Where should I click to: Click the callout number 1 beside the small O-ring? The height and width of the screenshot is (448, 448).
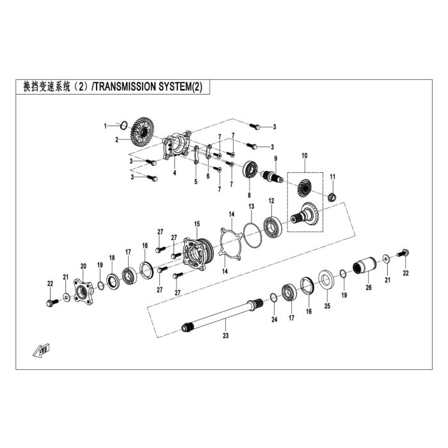coord(105,126)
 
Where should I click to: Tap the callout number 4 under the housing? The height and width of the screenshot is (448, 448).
coord(175,173)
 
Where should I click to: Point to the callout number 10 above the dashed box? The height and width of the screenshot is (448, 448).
coord(305,156)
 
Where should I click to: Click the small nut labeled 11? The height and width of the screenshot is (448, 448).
coord(332,197)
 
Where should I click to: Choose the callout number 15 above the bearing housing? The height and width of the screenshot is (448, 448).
coord(197,224)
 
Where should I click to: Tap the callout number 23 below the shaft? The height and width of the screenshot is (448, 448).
coord(226,335)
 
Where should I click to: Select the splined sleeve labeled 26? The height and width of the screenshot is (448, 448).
coord(365,266)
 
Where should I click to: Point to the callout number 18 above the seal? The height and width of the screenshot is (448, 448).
coord(112,258)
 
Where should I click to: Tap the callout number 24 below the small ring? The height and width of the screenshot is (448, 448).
coord(275,319)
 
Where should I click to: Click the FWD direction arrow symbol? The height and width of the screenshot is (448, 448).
coord(41,350)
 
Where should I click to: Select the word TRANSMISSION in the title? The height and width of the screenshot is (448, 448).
coord(125,87)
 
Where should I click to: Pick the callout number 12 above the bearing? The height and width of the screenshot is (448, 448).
coord(271,201)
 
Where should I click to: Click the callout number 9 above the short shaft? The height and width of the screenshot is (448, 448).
coord(276,158)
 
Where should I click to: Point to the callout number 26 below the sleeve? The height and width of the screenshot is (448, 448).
coord(369,287)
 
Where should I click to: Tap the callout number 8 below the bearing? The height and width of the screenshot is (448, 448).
coord(249,195)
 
